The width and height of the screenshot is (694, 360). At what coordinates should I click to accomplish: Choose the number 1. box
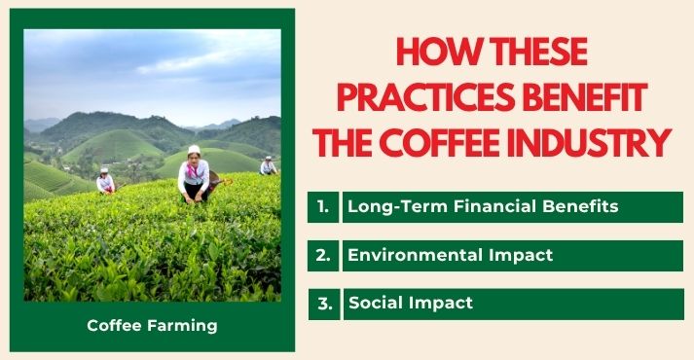(323, 207)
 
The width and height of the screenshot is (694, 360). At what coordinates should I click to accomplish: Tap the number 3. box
(325, 304)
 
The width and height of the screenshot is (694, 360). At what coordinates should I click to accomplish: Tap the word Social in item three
(374, 304)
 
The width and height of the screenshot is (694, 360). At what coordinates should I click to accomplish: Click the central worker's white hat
(194, 150)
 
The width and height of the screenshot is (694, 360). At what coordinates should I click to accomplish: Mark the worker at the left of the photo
(105, 181)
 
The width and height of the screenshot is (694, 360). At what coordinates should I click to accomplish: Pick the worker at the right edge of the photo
(268, 166)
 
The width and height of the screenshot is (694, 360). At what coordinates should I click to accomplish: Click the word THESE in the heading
(537, 54)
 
